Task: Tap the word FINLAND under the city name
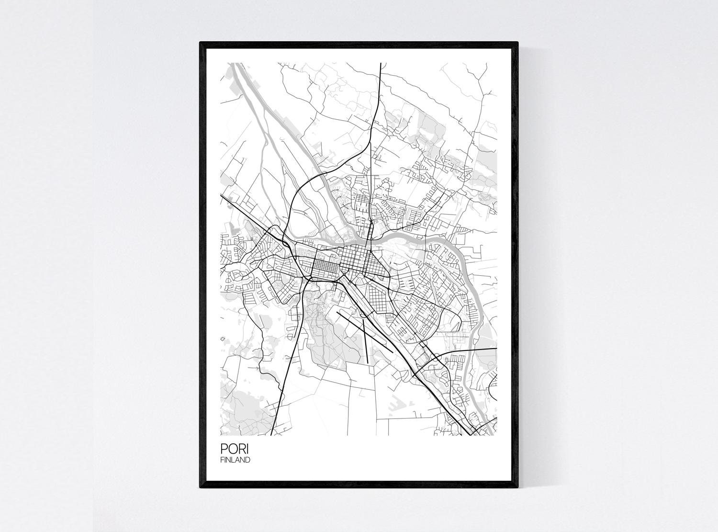[235, 460]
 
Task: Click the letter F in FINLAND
[222, 460]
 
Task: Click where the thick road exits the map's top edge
[380, 63]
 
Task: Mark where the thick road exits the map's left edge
[221, 194]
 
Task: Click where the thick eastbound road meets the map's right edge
[496, 350]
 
